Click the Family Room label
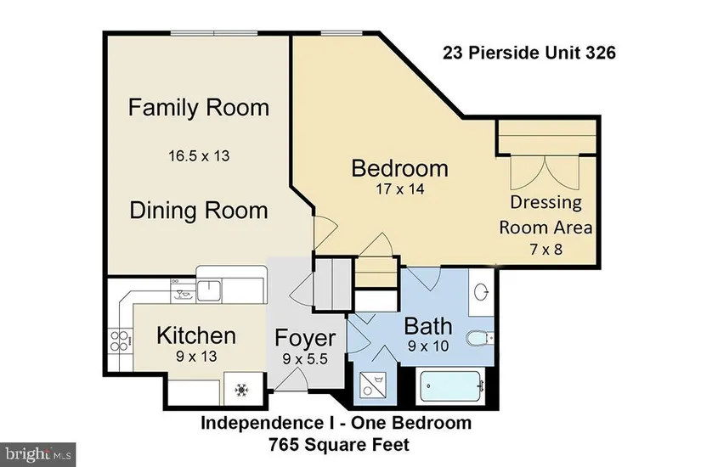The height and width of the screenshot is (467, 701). click(x=199, y=108)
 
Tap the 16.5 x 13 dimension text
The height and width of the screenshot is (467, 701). click(x=199, y=156)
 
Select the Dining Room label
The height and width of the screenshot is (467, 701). click(x=199, y=211)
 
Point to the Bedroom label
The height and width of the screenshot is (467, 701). click(x=399, y=168)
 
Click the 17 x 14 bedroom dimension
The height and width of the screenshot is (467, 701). click(x=399, y=189)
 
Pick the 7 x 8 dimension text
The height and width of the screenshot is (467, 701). click(x=546, y=249)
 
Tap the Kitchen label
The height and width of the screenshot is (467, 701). click(x=196, y=335)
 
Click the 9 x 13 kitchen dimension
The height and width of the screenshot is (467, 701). click(x=196, y=356)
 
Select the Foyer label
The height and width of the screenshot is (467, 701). click(x=305, y=338)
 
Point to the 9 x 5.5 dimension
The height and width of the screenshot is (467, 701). click(x=305, y=358)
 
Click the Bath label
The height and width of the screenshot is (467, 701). click(x=428, y=326)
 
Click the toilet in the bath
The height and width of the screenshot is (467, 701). click(x=479, y=338)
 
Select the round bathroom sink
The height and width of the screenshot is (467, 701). click(x=481, y=293)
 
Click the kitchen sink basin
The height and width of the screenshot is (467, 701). click(x=209, y=290)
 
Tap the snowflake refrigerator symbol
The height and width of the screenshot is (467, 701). click(x=241, y=390)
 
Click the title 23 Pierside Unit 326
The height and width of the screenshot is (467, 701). click(x=529, y=53)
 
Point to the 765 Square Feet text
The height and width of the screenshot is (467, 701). click(x=339, y=445)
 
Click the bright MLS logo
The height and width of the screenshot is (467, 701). click(x=38, y=454)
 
